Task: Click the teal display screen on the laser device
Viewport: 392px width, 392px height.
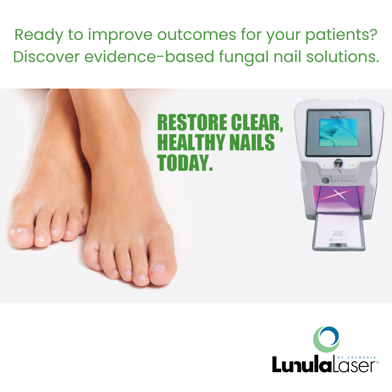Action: pos(338,132)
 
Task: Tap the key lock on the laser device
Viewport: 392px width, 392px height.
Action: pos(336,165)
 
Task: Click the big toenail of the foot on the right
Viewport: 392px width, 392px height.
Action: pos(159,268)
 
